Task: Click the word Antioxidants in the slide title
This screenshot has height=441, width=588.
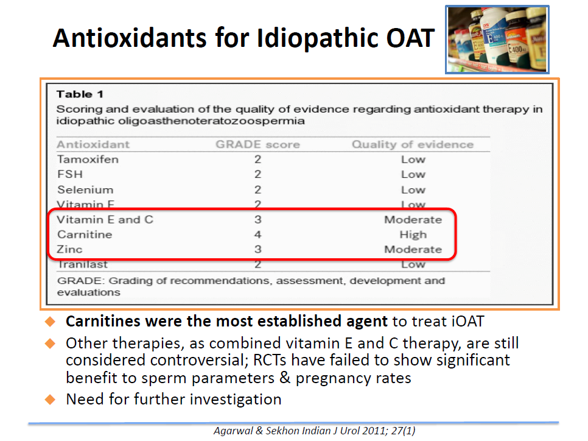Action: click(x=130, y=38)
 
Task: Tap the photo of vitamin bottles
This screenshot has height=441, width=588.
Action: click(x=497, y=40)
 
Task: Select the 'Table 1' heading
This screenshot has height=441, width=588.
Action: click(x=80, y=94)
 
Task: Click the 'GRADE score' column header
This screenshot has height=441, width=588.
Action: click(x=257, y=144)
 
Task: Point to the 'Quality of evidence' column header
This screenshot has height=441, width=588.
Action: click(x=413, y=144)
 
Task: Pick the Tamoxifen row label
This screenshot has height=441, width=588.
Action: click(x=88, y=160)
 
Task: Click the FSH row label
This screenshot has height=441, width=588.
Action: click(x=70, y=175)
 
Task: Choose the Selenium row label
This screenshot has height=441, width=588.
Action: click(x=85, y=189)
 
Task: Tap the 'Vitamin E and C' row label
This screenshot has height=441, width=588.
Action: click(x=105, y=219)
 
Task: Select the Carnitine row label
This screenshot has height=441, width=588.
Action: click(x=85, y=235)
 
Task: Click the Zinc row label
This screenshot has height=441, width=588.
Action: click(x=69, y=249)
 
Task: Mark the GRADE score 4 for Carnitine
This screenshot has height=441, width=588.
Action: click(x=257, y=235)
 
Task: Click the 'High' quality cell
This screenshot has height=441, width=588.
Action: click(x=413, y=235)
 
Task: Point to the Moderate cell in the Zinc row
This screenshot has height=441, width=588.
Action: click(x=413, y=249)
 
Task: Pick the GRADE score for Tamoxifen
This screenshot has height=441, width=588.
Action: click(x=257, y=160)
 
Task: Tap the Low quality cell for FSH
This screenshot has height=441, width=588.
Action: click(x=413, y=175)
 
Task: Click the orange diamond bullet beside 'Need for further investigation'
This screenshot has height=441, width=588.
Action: click(x=50, y=400)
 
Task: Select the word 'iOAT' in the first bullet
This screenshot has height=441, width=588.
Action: click(x=468, y=322)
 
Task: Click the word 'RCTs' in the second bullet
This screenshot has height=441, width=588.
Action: click(x=270, y=360)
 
